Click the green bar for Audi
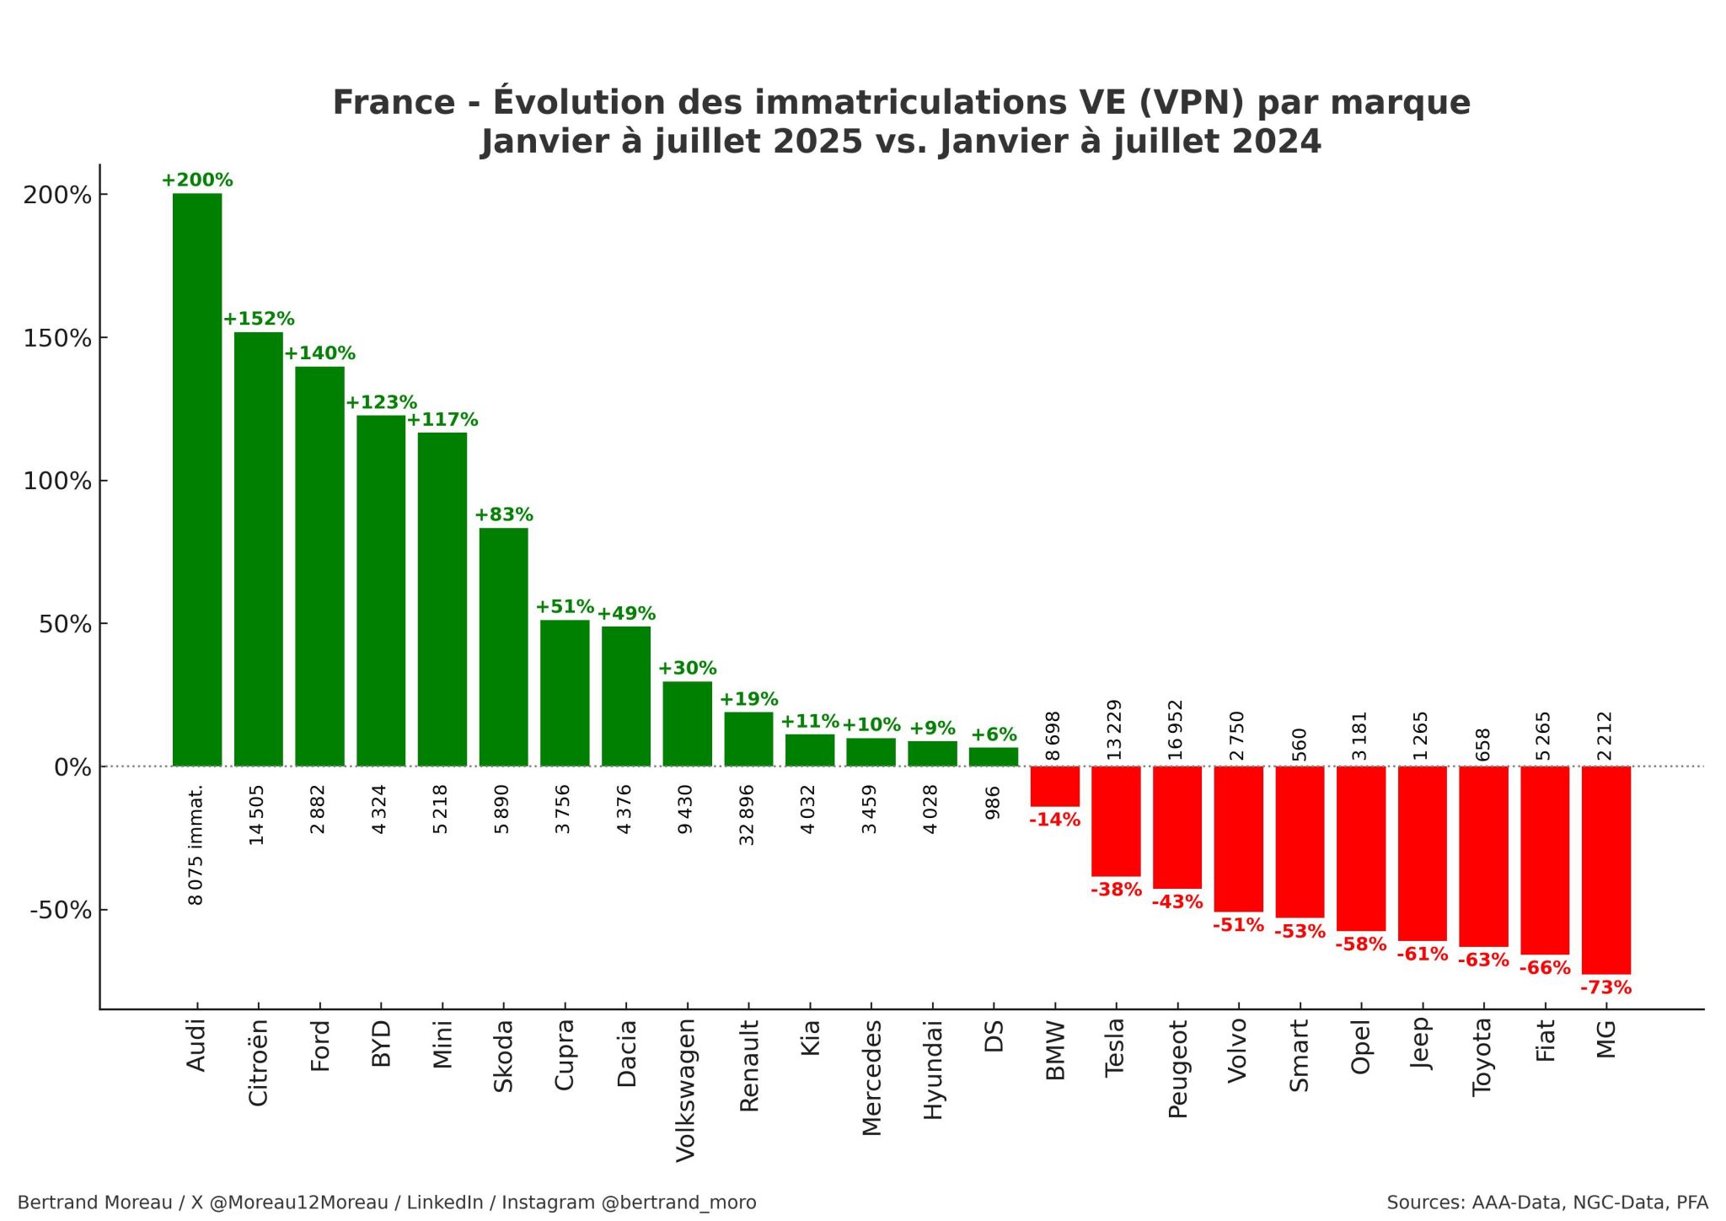(x=197, y=480)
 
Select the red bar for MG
(x=1606, y=870)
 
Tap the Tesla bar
(x=1116, y=821)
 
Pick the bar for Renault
(x=748, y=740)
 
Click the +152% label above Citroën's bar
(x=259, y=320)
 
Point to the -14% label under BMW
(x=1054, y=820)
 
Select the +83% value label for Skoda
(x=504, y=515)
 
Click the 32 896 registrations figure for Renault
(x=747, y=815)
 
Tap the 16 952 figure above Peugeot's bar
(x=1176, y=729)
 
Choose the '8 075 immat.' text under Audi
(x=196, y=845)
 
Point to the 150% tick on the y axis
(x=57, y=339)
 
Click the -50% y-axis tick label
(x=61, y=911)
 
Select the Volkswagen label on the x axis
(x=686, y=1090)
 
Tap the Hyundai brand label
(x=931, y=1070)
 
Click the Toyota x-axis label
(x=1482, y=1057)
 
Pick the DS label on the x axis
(x=994, y=1035)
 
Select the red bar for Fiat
(x=1545, y=860)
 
